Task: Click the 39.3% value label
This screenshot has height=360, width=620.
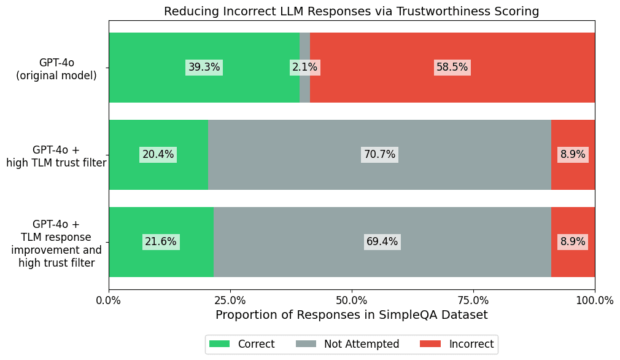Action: click(204, 68)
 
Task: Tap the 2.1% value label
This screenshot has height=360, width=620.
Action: click(304, 68)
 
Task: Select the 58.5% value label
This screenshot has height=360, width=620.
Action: click(452, 68)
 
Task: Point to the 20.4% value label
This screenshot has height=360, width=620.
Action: click(158, 155)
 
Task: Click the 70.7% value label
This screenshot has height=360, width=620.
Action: click(379, 155)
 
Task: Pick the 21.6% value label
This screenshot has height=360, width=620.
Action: click(161, 242)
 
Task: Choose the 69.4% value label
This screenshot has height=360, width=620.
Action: click(382, 242)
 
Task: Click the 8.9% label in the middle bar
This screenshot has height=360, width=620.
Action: click(573, 155)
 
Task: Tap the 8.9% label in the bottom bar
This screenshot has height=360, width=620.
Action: click(573, 242)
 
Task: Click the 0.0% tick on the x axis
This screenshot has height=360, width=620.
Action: click(109, 300)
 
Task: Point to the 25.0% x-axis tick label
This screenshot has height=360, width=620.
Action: click(230, 300)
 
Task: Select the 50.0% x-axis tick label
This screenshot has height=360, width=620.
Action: click(352, 300)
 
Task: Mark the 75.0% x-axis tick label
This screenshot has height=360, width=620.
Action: click(473, 300)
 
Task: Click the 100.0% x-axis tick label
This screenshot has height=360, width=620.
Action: click(594, 300)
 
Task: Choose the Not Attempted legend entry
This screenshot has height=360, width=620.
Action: click(348, 344)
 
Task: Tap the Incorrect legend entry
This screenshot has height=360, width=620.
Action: click(457, 344)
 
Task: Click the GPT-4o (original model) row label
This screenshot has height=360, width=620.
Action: click(56, 69)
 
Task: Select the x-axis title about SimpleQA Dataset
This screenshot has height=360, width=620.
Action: click(352, 315)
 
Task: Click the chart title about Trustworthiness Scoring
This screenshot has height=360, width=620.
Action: click(351, 11)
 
